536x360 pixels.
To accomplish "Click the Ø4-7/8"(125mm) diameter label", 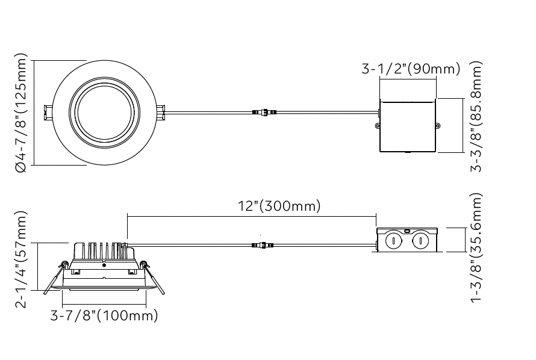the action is [x=21, y=113].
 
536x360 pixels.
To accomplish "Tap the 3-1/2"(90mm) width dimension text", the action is [x=411, y=69].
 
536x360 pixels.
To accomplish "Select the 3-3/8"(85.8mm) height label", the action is [x=476, y=116].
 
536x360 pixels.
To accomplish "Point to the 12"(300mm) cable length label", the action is [x=279, y=206].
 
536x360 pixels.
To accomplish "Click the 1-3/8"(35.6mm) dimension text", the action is [x=476, y=247].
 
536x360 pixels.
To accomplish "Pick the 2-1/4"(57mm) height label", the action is [x=21, y=259].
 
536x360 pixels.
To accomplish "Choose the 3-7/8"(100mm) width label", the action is [x=104, y=315].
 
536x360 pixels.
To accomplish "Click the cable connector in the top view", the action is [x=264, y=112].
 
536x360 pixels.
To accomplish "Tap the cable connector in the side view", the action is [x=263, y=245].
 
